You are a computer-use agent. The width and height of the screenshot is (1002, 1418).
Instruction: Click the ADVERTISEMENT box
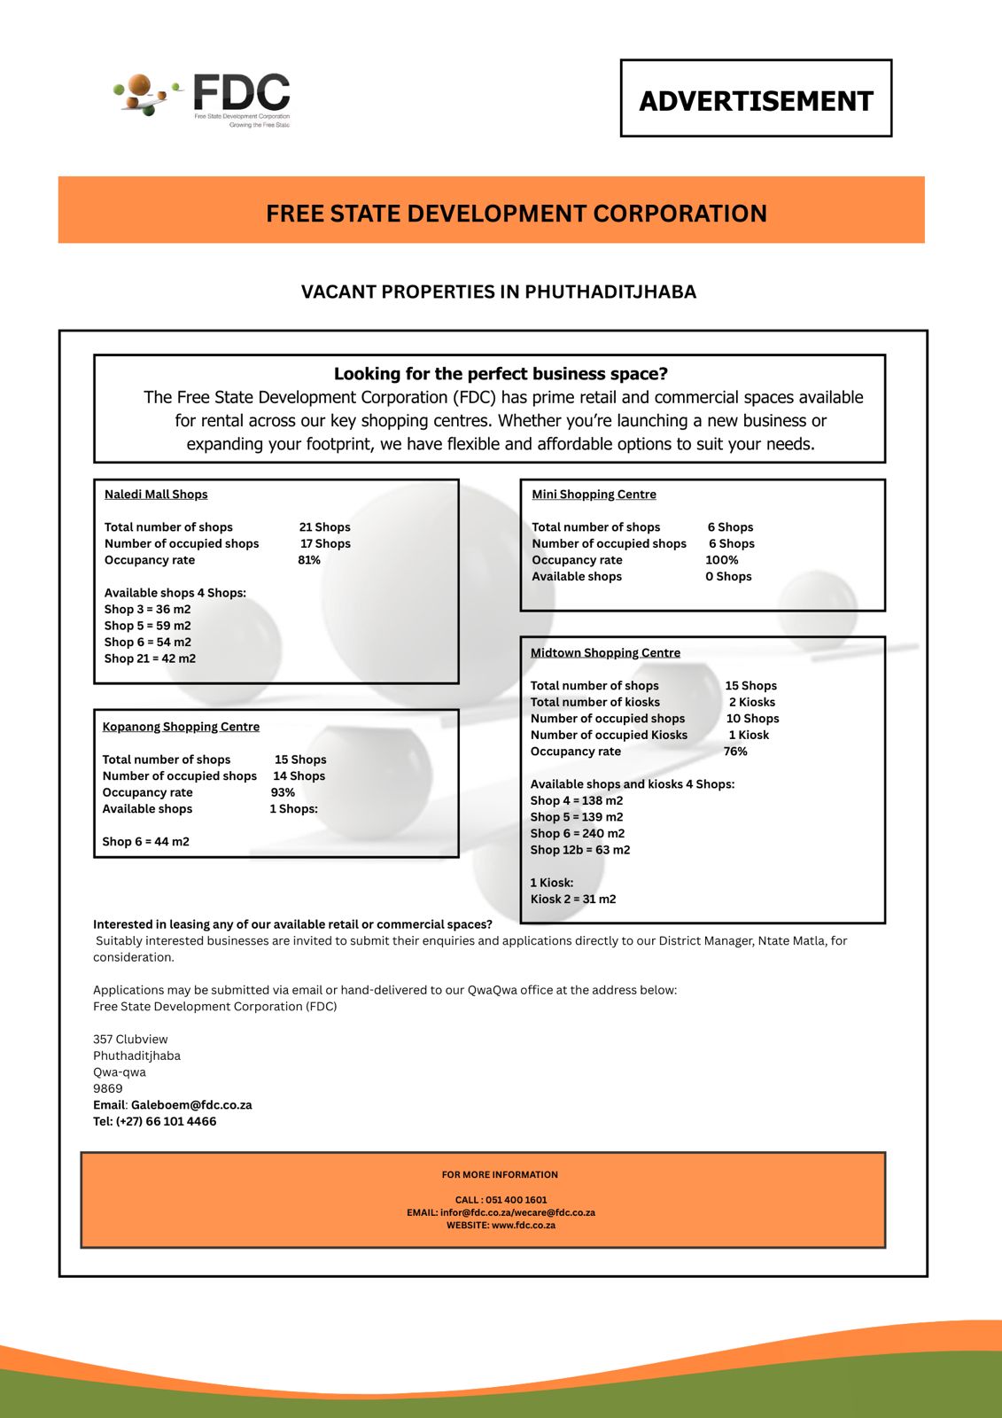coord(756,99)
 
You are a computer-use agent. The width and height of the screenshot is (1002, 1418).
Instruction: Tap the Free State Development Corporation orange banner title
coord(517,214)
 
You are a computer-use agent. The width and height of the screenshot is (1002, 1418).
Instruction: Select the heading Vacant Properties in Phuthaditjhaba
coord(499,292)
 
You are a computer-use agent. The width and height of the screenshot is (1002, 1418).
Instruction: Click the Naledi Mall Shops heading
coord(156,495)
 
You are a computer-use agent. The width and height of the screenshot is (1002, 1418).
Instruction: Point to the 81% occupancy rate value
coord(309,560)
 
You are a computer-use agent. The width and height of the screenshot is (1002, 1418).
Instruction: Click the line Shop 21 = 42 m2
coord(150,658)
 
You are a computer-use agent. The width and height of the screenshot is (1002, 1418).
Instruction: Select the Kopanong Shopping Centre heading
coord(181,727)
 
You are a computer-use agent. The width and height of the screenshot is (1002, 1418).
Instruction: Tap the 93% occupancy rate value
coord(283,792)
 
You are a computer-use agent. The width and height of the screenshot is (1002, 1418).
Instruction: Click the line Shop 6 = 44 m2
coord(145,841)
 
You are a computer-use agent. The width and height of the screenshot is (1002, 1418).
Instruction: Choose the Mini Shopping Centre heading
coord(594,495)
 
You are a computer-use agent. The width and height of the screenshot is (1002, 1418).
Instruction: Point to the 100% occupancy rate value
coord(722,560)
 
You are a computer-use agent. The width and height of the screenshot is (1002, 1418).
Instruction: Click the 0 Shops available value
coord(728,576)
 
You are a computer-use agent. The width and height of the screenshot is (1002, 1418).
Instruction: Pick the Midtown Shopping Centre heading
coord(605,653)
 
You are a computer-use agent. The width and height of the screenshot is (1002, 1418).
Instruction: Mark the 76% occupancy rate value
coord(735,752)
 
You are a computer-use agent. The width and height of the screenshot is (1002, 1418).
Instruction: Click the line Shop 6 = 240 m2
coord(577,833)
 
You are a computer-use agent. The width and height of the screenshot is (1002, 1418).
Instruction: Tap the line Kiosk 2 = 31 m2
coord(573,899)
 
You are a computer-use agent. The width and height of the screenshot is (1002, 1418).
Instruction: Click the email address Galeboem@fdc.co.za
coord(191,1105)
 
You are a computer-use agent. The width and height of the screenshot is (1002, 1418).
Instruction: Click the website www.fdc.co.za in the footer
coord(523,1226)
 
